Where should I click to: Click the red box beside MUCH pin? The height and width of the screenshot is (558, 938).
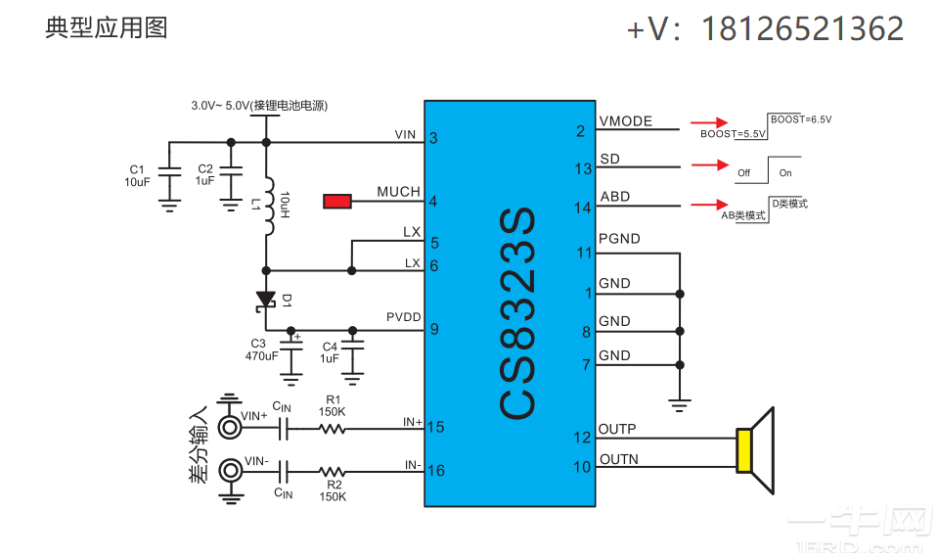(337, 202)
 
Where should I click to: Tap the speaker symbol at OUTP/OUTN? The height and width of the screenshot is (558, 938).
(755, 450)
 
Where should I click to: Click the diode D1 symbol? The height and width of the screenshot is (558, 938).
(265, 300)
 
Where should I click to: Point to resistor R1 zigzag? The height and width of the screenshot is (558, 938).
(332, 428)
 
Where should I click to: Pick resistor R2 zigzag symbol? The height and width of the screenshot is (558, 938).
(332, 470)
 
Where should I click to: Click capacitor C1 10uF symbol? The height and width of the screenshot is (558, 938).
(169, 171)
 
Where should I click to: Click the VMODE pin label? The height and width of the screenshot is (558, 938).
(625, 121)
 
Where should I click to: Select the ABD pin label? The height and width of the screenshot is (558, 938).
(614, 197)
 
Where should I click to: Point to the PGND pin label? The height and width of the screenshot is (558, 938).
(619, 239)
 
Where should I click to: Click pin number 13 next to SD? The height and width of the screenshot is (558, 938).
(583, 169)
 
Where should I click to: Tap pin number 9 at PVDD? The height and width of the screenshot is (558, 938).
(433, 329)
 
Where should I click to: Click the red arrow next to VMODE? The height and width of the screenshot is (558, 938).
(702, 124)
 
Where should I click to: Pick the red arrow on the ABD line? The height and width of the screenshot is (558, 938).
(702, 205)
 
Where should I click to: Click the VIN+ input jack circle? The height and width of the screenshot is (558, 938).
(230, 427)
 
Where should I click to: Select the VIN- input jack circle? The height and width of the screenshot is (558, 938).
(230, 470)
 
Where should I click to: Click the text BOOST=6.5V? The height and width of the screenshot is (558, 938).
(801, 119)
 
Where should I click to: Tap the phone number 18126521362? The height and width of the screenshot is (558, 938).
(802, 29)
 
